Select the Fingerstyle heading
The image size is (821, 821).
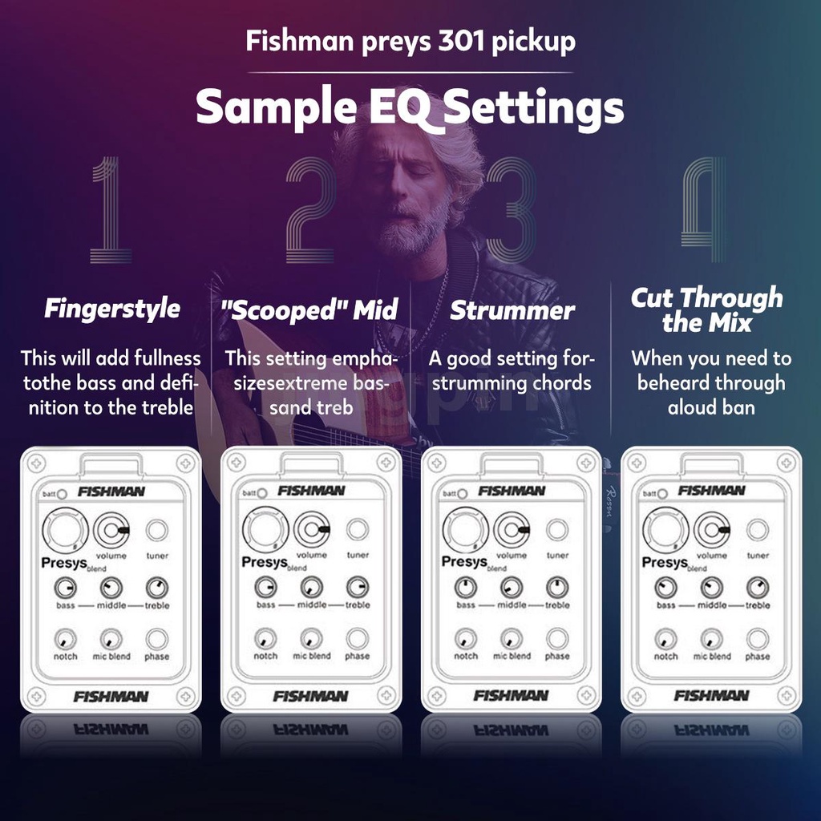(112, 309)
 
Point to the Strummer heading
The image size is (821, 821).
(512, 311)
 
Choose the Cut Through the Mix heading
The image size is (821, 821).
(707, 310)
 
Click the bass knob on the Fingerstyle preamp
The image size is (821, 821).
(65, 588)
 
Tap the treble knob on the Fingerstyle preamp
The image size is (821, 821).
(157, 588)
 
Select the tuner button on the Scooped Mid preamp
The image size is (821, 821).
(358, 529)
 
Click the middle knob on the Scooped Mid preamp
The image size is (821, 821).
(311, 588)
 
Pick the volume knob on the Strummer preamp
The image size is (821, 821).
(511, 529)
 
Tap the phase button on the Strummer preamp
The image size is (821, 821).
(557, 639)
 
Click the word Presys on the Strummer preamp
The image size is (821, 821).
(463, 562)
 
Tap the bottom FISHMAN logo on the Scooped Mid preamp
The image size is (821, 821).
(311, 696)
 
